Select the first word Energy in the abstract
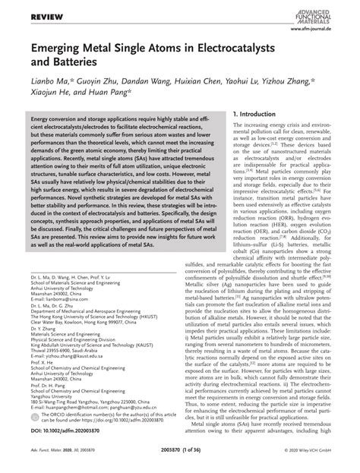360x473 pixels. point(43,121)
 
